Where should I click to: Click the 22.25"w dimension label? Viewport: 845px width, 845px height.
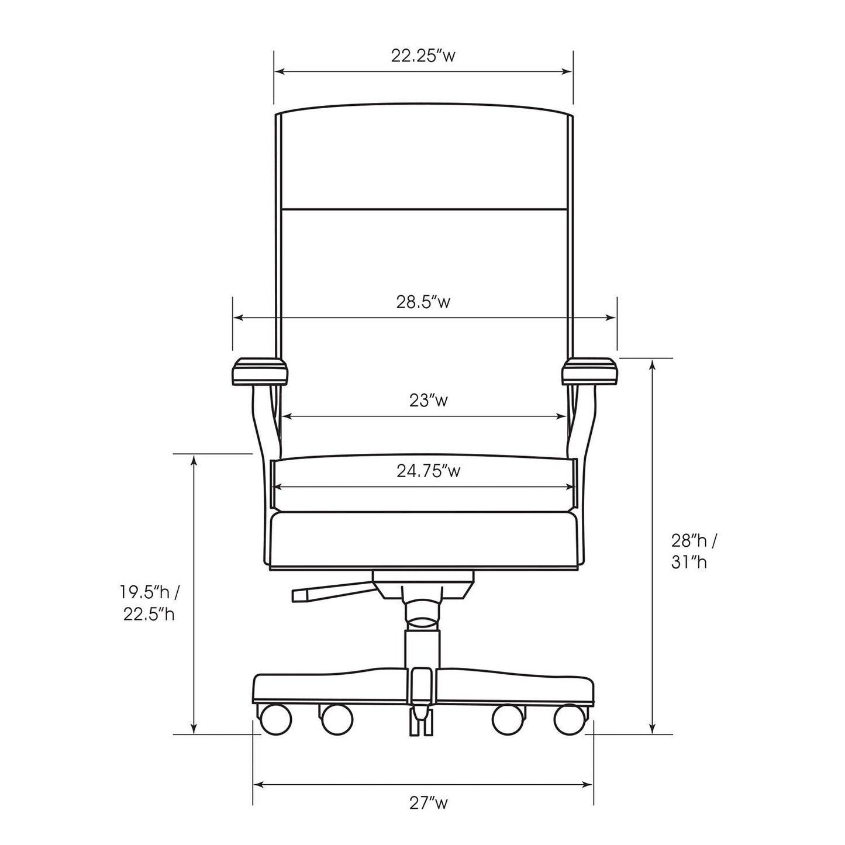423,56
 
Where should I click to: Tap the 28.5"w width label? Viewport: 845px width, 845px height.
423,302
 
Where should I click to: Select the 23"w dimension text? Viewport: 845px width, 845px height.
429,401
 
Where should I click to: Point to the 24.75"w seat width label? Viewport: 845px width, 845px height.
429,471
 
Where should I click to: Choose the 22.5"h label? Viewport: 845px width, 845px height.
149,615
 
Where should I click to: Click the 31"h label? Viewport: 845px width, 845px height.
689,563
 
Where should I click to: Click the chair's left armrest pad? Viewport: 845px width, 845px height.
260,372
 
